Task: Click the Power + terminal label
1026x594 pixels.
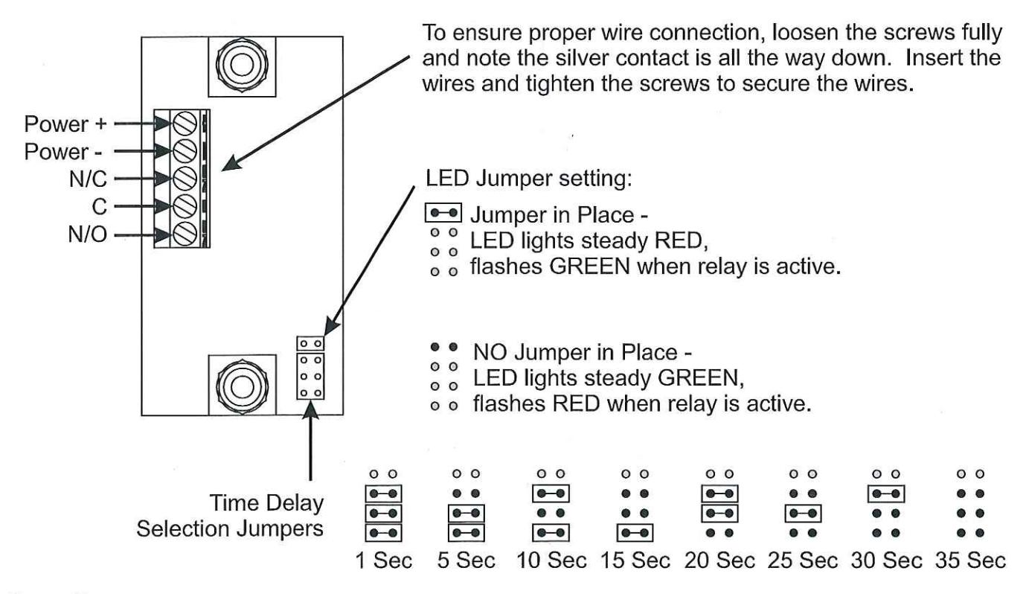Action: [x=65, y=124]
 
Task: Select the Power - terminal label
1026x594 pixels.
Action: [x=63, y=152]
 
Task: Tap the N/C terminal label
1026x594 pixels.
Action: [x=88, y=179]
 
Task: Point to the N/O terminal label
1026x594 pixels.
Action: [x=88, y=234]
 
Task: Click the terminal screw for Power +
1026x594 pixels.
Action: [x=185, y=124]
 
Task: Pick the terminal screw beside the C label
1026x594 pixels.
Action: [x=185, y=205]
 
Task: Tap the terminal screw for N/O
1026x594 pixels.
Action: [x=185, y=234]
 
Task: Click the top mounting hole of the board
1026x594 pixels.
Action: [x=242, y=65]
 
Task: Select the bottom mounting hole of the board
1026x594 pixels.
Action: [x=242, y=386]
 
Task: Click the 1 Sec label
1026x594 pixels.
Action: [x=384, y=561]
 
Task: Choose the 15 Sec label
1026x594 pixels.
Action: [x=635, y=561]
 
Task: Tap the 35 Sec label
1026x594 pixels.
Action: [x=970, y=561]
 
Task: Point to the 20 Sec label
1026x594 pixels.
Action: [x=719, y=561]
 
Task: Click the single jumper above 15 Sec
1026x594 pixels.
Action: [x=635, y=532]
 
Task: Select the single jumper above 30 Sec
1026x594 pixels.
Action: [x=886, y=494]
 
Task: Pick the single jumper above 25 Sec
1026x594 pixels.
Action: [x=803, y=514]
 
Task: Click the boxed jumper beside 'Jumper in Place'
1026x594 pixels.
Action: [x=443, y=213]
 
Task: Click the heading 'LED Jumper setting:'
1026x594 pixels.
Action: [x=529, y=178]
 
